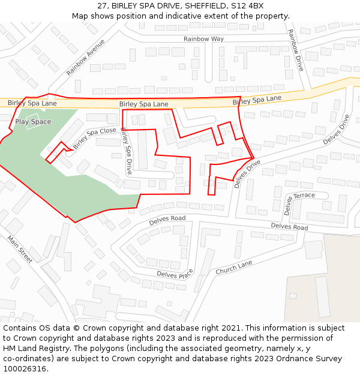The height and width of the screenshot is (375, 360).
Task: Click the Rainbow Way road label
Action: (203, 39)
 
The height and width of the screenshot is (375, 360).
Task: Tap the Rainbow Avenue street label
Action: (86, 57)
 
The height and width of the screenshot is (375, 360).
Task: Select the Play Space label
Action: (33, 122)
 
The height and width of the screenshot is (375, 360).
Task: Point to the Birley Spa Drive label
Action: (127, 151)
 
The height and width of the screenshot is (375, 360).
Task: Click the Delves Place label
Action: (175, 275)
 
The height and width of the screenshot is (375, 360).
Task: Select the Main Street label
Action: (20, 249)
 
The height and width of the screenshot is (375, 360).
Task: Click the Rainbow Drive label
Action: (295, 50)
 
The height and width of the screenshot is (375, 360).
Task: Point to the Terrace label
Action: (304, 196)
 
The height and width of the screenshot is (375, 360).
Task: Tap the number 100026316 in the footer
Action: (25, 368)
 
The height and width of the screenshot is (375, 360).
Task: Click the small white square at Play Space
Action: (32, 117)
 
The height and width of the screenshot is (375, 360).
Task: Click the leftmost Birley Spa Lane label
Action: (32, 103)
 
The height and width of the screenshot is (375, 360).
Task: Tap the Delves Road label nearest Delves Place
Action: (167, 218)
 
